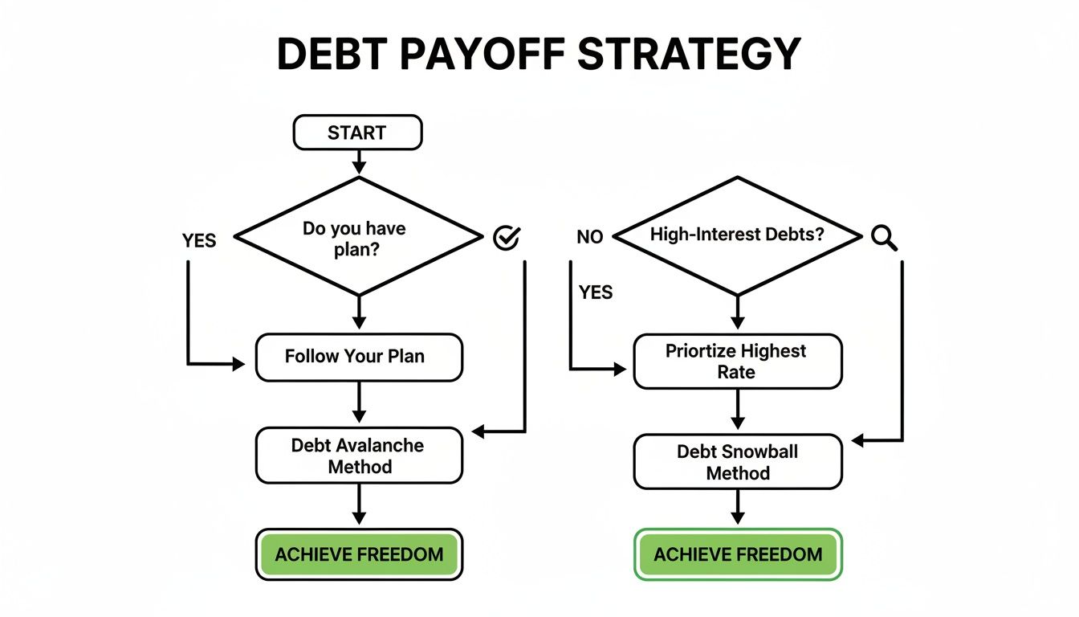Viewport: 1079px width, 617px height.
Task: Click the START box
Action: tap(357, 133)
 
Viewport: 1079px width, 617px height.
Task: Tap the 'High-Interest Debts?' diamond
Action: tap(737, 236)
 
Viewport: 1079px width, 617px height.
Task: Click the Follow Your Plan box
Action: tap(358, 357)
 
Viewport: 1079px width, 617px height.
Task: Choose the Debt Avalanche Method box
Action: tap(358, 456)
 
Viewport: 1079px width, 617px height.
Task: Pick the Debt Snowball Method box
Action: tap(737, 462)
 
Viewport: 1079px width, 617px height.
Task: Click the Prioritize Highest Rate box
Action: tap(737, 362)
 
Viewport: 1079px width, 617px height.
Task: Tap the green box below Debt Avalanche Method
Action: tap(358, 554)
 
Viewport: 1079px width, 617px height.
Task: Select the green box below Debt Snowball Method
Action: tap(737, 554)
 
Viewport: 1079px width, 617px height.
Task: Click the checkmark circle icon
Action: tap(506, 237)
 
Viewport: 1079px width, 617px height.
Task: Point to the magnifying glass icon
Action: tap(883, 238)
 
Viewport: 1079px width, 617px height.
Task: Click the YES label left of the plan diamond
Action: tap(199, 240)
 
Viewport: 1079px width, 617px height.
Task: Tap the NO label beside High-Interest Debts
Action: tap(589, 237)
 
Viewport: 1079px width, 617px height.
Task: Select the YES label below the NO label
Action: tap(595, 292)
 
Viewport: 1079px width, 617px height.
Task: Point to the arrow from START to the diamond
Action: tap(358, 161)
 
